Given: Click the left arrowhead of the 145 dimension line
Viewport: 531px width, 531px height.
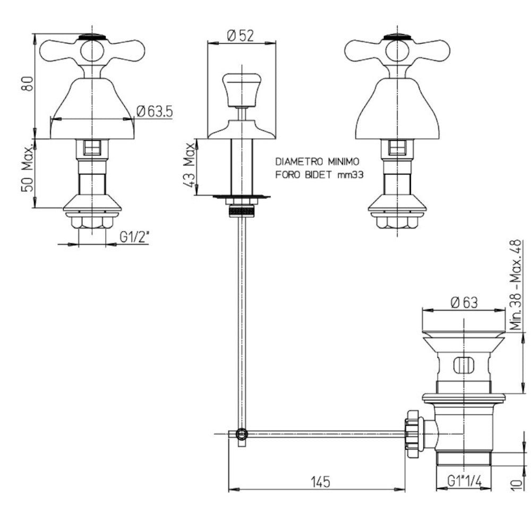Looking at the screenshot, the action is point(234,490).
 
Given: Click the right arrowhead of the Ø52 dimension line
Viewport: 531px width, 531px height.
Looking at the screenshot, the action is point(271,43).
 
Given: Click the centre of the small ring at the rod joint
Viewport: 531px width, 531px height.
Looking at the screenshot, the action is point(242,433).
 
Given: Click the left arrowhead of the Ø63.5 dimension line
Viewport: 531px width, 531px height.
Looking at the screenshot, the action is point(55,119).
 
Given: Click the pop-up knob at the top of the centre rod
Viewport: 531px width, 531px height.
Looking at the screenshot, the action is point(242,90).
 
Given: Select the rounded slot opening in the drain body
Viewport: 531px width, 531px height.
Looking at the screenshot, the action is point(464,365).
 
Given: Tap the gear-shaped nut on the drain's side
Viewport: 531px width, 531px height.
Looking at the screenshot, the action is point(414,434).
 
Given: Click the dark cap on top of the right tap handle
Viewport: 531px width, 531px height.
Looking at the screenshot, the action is point(397,37).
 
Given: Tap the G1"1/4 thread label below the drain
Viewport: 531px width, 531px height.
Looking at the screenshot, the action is point(464,480).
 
